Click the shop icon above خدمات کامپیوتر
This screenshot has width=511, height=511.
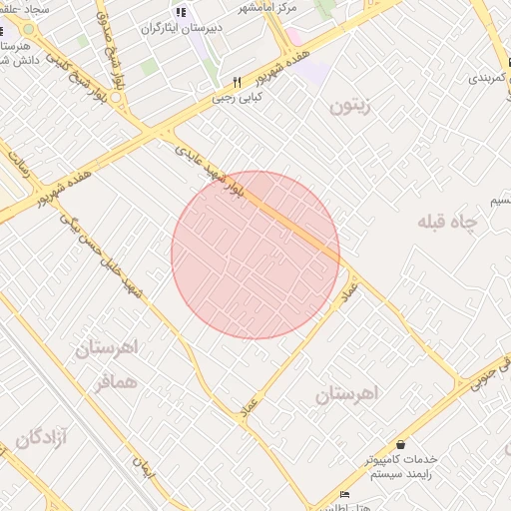click(401, 444)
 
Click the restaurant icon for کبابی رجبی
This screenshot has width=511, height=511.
click(237, 83)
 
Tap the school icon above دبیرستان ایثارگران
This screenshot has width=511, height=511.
click(181, 12)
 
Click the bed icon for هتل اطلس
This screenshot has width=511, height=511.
click(345, 495)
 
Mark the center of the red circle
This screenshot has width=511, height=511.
click(255, 255)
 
